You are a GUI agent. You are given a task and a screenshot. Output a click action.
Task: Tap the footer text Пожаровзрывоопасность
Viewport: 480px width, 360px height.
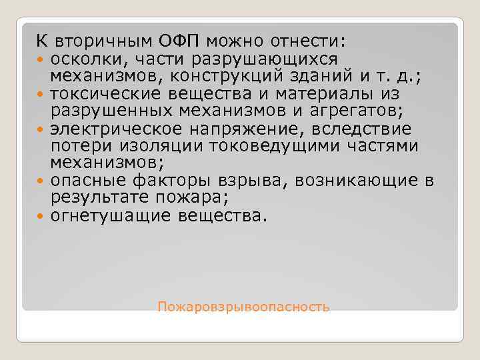243,307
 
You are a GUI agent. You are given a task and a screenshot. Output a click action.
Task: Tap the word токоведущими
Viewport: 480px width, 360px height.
257,145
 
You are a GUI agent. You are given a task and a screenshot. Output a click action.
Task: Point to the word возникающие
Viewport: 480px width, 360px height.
367,181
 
